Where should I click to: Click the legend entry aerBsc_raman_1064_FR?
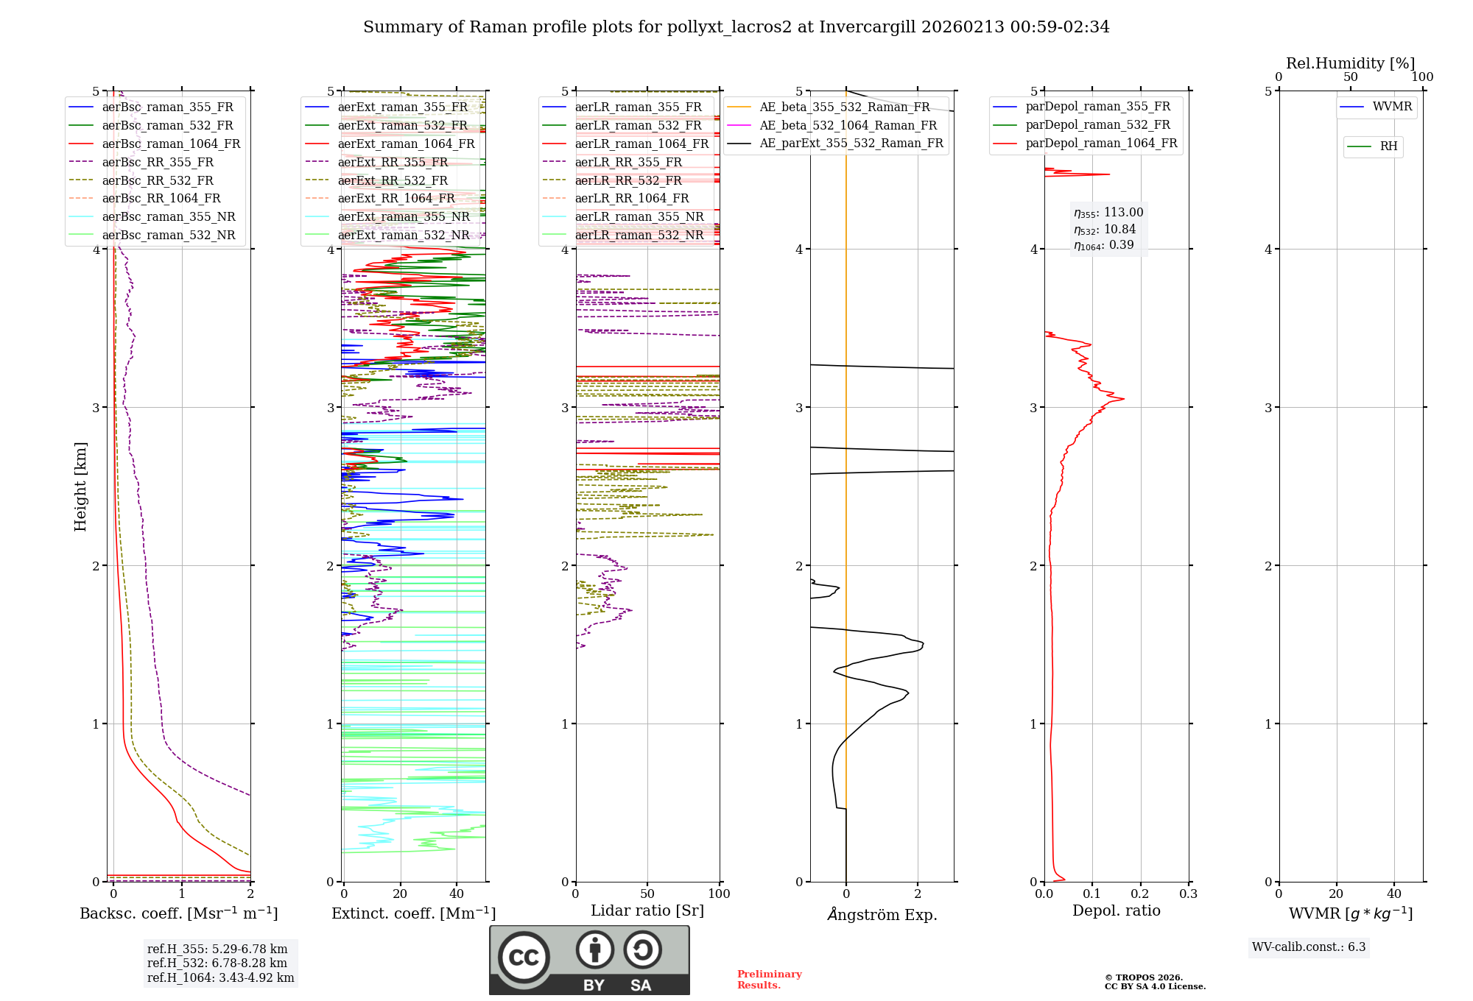(171, 144)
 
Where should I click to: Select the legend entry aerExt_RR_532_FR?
(393, 180)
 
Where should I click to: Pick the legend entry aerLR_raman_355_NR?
(639, 216)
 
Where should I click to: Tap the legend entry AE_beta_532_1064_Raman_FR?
(848, 125)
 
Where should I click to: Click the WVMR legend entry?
(1392, 107)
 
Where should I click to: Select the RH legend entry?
(1388, 146)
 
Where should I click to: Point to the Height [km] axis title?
(80, 487)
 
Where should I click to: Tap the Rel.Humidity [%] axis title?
(1350, 63)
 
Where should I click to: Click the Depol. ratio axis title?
(1116, 910)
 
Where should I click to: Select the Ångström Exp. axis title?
(882, 914)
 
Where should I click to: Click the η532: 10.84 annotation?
(1105, 230)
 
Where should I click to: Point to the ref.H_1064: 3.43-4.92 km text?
(220, 977)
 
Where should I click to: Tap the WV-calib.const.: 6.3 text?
(1309, 947)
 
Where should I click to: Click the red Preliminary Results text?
(769, 979)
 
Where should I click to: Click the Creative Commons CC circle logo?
(524, 958)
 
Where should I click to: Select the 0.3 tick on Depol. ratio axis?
(1188, 894)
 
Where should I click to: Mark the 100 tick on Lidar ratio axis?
(719, 894)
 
